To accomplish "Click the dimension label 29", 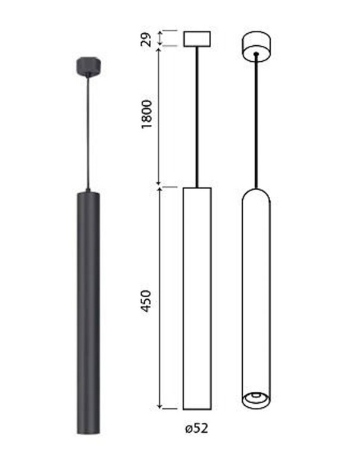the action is coord(146,39).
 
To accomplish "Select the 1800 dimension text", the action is coord(146,115).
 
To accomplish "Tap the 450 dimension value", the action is coord(146,301).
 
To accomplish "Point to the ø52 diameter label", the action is coord(196,428).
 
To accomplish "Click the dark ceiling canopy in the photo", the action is coord(89,66).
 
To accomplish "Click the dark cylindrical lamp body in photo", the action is coord(88,313).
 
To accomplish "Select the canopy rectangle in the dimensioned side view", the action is coord(197,39).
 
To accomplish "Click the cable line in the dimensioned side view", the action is coord(196,117).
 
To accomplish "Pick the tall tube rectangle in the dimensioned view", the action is coord(197,299).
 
